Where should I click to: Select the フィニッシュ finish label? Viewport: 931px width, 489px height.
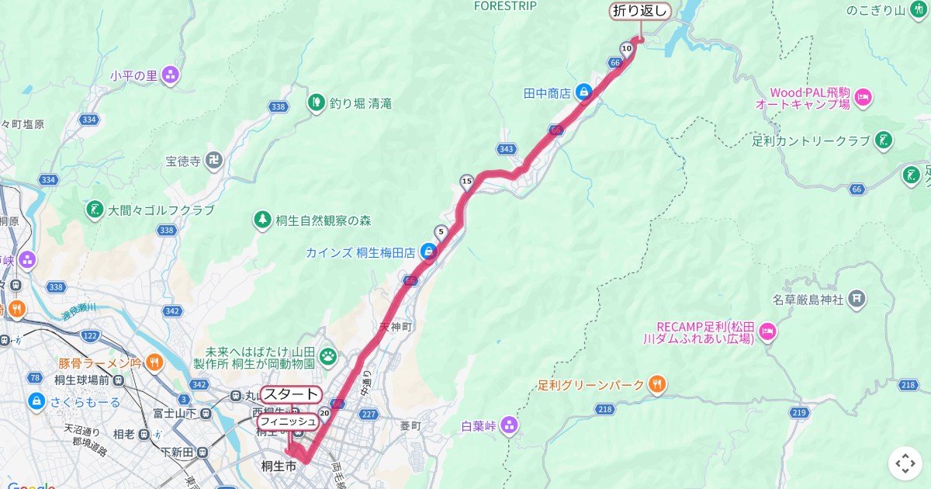[x=287, y=421]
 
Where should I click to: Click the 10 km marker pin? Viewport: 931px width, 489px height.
[x=626, y=49]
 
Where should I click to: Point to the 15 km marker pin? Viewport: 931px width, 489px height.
[x=466, y=182]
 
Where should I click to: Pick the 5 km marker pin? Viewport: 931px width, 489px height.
[x=441, y=231]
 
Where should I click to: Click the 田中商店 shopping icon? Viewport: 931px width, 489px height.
[x=584, y=92]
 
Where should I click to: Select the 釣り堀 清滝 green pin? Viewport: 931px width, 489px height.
[x=316, y=102]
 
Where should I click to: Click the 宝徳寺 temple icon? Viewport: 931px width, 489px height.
[x=214, y=161]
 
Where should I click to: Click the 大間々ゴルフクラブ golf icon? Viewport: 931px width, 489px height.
[x=94, y=210]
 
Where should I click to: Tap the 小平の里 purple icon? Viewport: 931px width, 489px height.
[x=171, y=75]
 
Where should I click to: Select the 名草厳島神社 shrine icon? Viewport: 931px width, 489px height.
[x=857, y=297]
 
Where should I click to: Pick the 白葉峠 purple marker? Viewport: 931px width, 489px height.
[x=509, y=425]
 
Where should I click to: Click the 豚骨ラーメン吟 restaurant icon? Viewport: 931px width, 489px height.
[x=155, y=362]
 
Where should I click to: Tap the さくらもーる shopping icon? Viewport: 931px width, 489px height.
[x=36, y=401]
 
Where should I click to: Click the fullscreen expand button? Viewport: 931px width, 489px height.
[x=905, y=463]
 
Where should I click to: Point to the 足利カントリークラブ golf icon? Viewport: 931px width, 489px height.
[x=883, y=141]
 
